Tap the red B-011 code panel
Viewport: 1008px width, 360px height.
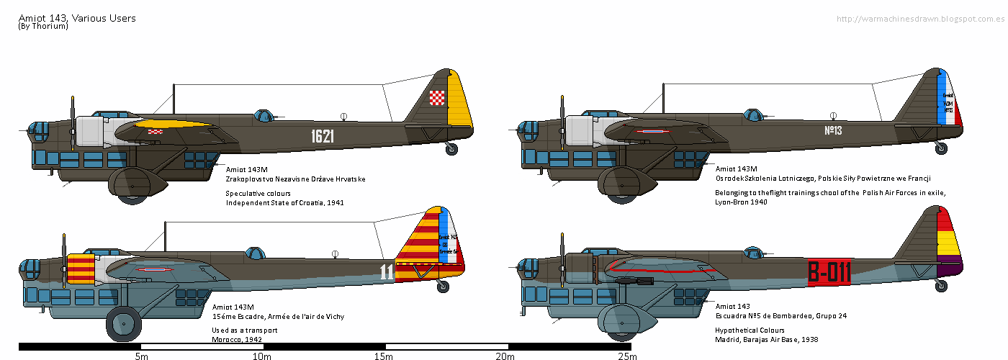pos(829,272)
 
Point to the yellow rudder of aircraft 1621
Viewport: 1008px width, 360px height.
pos(459,104)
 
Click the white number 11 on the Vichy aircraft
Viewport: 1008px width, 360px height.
pos(387,271)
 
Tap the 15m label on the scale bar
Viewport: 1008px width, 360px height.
pos(383,356)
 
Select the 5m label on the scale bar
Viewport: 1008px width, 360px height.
pos(141,356)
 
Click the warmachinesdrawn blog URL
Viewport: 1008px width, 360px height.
pos(920,19)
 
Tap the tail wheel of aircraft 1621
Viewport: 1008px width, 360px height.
pos(451,149)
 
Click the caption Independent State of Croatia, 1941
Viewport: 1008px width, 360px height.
pos(284,203)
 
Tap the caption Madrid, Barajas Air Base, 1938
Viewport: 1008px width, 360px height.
pos(766,339)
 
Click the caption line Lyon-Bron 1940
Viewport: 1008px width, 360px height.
pos(741,202)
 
